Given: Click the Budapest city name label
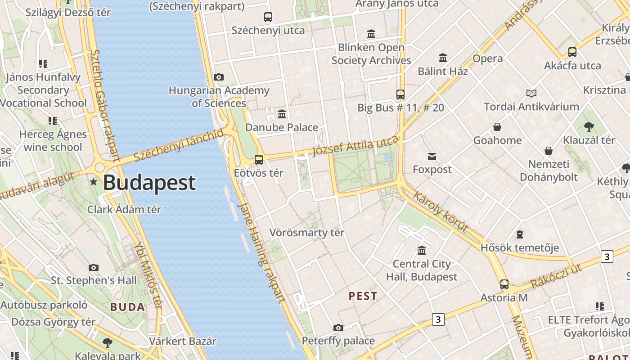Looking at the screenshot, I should (x=149, y=183).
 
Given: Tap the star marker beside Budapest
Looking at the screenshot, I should (x=94, y=182).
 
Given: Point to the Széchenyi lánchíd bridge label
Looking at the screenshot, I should (x=179, y=145).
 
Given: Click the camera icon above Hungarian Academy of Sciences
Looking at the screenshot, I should (x=219, y=77).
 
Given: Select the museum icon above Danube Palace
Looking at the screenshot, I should (x=282, y=114).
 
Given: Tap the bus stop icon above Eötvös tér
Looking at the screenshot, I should (x=259, y=159).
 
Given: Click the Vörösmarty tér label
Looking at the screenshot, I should (x=306, y=233).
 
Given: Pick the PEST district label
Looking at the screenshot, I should (x=363, y=296).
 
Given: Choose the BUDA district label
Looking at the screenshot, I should (x=128, y=307).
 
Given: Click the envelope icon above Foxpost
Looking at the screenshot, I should (x=432, y=156).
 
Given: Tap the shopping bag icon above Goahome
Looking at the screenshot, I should (x=497, y=127).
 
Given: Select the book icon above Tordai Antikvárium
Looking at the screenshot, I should (x=531, y=94).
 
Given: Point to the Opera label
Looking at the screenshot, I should (x=488, y=58).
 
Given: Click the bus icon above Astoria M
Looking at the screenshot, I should (x=504, y=284).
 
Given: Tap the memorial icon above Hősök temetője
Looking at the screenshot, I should (x=520, y=234).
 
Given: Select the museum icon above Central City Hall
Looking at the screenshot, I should (x=422, y=250).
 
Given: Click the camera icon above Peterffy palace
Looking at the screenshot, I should (x=338, y=328).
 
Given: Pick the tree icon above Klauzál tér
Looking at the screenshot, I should (x=589, y=127).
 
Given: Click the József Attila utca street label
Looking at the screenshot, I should (x=356, y=146).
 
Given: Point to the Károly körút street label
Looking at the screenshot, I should (x=441, y=212).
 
